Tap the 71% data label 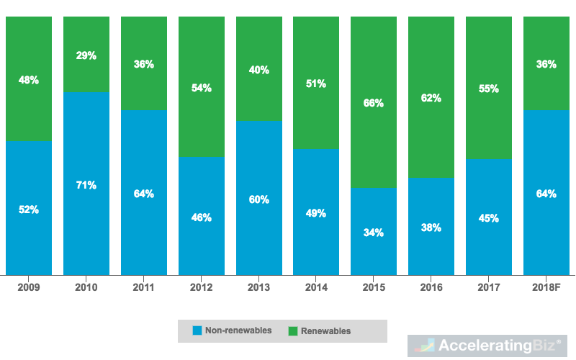pyautogui.click(x=86, y=185)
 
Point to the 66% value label pyautogui.click(x=374, y=103)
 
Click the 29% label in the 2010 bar pyautogui.click(x=86, y=55)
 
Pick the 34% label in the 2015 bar pyautogui.click(x=374, y=233)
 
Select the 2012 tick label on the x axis pyautogui.click(x=201, y=287)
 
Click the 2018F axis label pyautogui.click(x=546, y=287)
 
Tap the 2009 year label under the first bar pyautogui.click(x=29, y=287)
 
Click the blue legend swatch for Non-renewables pyautogui.click(x=197, y=331)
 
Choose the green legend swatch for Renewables pyautogui.click(x=293, y=331)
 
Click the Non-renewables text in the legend pyautogui.click(x=238, y=331)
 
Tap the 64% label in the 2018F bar pyautogui.click(x=546, y=194)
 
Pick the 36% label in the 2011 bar pyautogui.click(x=144, y=64)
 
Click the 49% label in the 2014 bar pyautogui.click(x=316, y=213)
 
